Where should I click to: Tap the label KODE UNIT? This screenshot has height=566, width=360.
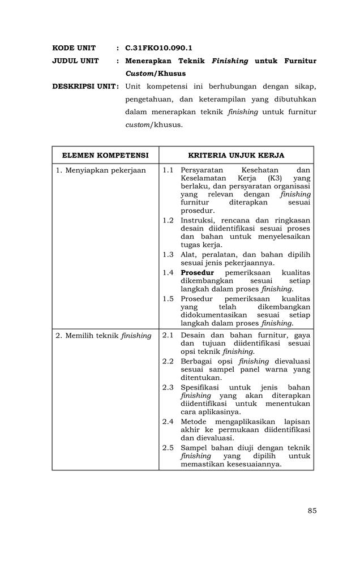[74, 48]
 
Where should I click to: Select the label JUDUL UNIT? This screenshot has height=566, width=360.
[75, 61]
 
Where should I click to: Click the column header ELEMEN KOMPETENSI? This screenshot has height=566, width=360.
[105, 155]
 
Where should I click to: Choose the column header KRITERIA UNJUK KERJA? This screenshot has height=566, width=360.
[236, 155]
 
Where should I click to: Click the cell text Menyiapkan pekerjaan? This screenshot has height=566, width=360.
[101, 170]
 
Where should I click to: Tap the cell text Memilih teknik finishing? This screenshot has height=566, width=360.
[104, 336]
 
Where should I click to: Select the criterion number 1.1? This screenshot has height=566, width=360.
[168, 170]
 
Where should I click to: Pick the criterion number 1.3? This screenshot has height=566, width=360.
[168, 254]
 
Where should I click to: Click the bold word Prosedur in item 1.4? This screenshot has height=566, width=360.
[197, 272]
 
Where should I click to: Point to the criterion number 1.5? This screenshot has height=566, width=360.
[168, 298]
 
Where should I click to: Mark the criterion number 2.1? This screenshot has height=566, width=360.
[168, 336]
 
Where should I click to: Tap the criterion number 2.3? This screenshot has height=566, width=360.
[168, 387]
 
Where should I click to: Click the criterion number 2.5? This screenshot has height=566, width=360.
[168, 447]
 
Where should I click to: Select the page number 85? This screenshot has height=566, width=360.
[312, 511]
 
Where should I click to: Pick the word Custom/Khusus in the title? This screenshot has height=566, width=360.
[155, 74]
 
